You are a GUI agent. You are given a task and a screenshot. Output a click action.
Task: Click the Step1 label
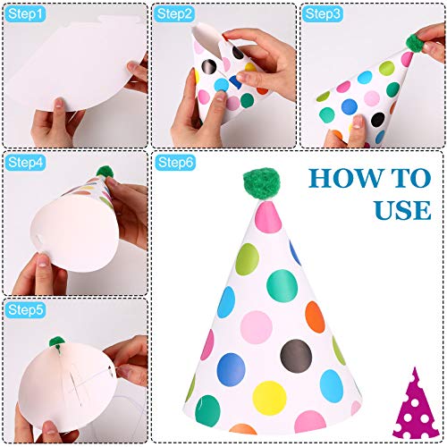(x=26, y=14)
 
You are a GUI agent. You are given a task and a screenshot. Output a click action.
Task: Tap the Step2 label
(x=174, y=14)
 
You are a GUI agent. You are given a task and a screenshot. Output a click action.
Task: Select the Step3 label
(x=323, y=14)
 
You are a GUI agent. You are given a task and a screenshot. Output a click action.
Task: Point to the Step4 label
(x=26, y=163)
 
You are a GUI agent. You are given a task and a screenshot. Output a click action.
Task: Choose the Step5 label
(x=26, y=309)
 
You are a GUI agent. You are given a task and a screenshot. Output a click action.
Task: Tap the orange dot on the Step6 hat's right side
(x=314, y=314)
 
